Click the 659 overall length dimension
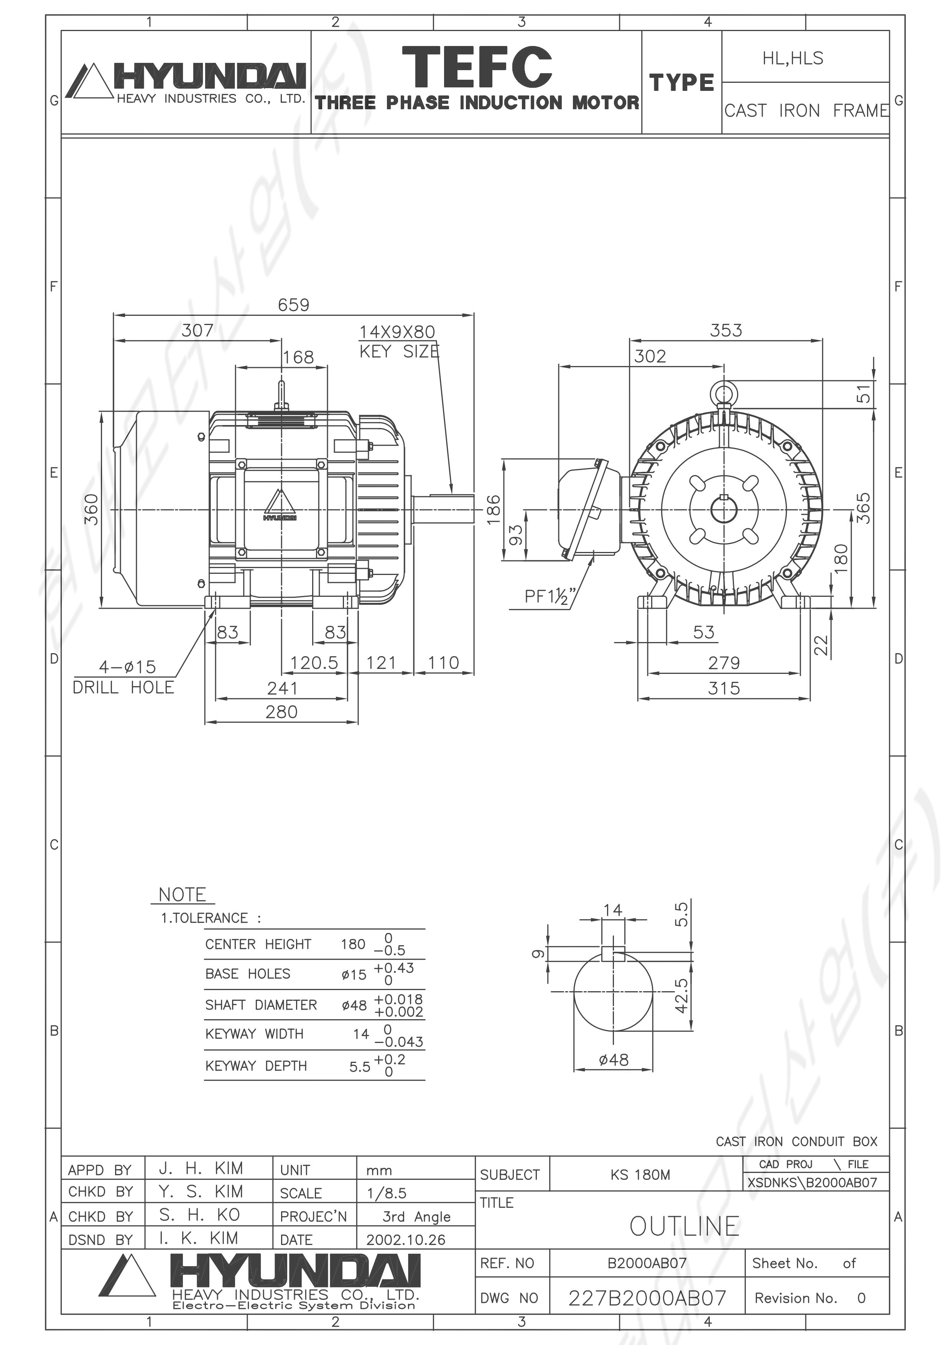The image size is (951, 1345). (294, 305)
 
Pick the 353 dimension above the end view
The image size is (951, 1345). (726, 330)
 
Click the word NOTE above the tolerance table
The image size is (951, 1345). (182, 895)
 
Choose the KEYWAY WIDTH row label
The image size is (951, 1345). (254, 1034)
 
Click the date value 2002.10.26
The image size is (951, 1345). (405, 1240)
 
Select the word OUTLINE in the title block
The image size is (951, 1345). (684, 1226)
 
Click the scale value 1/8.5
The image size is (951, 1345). (386, 1193)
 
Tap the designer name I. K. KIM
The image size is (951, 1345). (199, 1238)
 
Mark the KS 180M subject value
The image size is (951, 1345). (640, 1174)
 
